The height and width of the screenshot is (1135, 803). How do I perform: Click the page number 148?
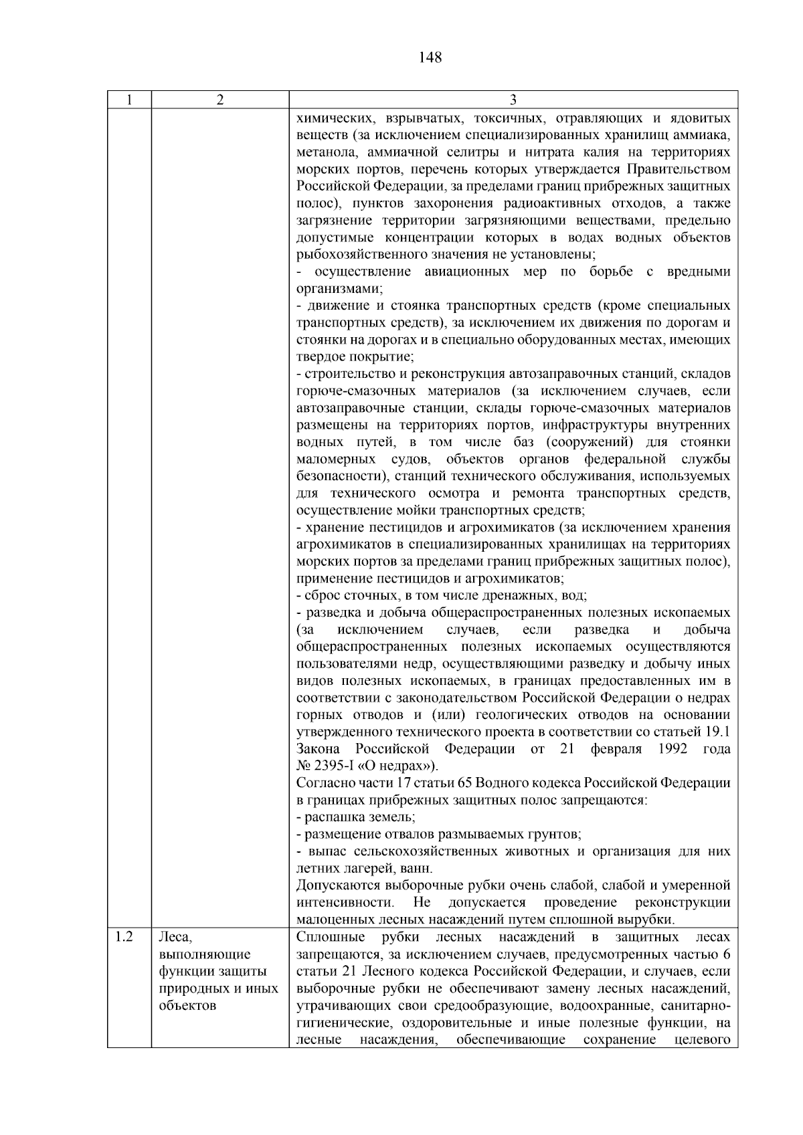pos(430,58)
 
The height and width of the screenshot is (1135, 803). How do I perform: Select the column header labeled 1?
pos(129,100)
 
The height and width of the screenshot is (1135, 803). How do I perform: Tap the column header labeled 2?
pos(220,100)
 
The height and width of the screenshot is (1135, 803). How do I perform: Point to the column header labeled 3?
pos(513,100)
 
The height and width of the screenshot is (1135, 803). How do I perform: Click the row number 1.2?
pos(124,938)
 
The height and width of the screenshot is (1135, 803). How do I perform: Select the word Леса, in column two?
pos(175,938)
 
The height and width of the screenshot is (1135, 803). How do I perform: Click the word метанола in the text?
pos(327,152)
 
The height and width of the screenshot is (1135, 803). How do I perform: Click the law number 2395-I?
pos(336,766)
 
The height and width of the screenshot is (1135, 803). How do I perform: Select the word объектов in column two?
pos(188,1006)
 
